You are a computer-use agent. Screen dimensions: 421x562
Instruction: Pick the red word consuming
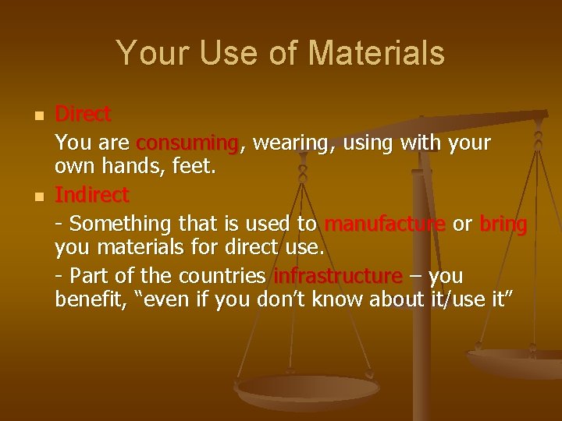pos(187,143)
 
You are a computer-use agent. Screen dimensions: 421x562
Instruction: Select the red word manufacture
pos(384,224)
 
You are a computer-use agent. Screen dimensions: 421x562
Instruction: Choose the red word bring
pos(503,224)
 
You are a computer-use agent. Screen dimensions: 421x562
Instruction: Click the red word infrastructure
pos(338,277)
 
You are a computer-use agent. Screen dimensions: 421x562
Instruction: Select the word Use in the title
pos(222,53)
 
